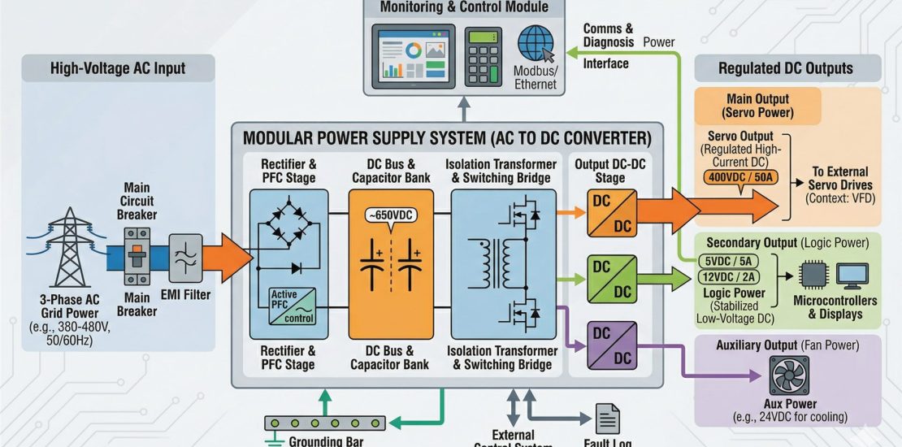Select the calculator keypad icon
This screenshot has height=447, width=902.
tap(484, 55)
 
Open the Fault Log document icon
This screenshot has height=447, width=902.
tap(607, 419)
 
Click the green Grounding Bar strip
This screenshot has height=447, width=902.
tap(325, 423)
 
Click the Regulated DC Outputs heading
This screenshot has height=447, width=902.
tap(786, 68)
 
